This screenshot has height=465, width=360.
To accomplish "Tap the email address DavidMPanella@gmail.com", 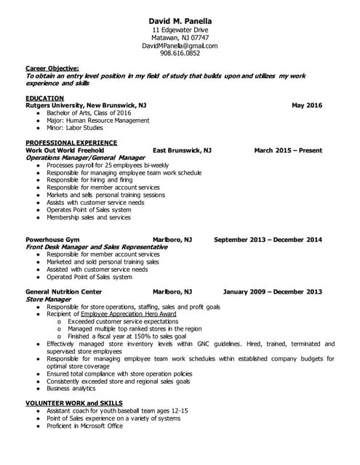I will pyautogui.click(x=179, y=45).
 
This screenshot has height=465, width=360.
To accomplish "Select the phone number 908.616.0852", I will pyautogui.click(x=179, y=53).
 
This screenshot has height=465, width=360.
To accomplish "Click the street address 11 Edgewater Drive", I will pyautogui.click(x=179, y=29).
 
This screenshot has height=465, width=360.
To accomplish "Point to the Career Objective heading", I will pyautogui.click(x=52, y=68).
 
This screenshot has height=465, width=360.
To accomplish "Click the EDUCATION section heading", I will pyautogui.click(x=44, y=98).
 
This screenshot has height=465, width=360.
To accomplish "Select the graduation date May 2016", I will pyautogui.click(x=306, y=105).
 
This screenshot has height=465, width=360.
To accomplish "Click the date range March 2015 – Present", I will pyautogui.click(x=287, y=150).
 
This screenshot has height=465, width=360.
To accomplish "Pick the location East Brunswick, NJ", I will pyautogui.click(x=182, y=150).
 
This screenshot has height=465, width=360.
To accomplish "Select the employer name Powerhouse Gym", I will pyautogui.click(x=52, y=239).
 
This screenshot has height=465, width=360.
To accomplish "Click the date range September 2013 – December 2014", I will pyautogui.click(x=268, y=239).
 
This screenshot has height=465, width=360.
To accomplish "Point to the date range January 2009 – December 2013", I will pyautogui.click(x=272, y=291).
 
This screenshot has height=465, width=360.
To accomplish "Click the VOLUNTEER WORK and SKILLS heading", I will pyautogui.click(x=73, y=403).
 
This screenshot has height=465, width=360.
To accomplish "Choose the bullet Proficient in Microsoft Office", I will pyautogui.click(x=84, y=426).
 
